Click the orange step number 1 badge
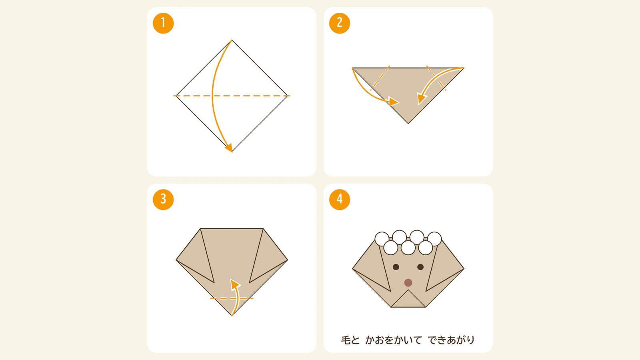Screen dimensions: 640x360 (x=163, y=23)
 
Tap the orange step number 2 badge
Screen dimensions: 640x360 (x=340, y=23)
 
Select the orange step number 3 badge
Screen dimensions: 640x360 (x=163, y=200)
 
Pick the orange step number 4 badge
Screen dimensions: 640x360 (x=340, y=200)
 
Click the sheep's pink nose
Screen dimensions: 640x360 (x=408, y=282)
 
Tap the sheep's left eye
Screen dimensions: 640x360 (x=396, y=267)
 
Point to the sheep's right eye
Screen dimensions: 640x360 (x=420, y=267)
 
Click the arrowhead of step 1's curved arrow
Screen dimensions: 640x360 (x=229, y=148)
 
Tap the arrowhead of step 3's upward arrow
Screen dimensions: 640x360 (x=235, y=284)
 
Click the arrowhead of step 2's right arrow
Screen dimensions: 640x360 (x=422, y=98)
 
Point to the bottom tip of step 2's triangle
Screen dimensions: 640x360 (x=408, y=124)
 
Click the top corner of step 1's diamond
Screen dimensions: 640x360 (x=232, y=40)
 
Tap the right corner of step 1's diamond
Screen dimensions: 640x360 (x=287, y=96)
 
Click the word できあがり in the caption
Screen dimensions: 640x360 (x=451, y=340)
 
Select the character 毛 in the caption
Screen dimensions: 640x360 (x=346, y=340)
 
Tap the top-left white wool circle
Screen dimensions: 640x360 (x=382, y=239)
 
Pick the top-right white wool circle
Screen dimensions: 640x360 (x=434, y=239)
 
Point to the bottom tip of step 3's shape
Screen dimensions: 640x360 (x=232, y=316)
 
